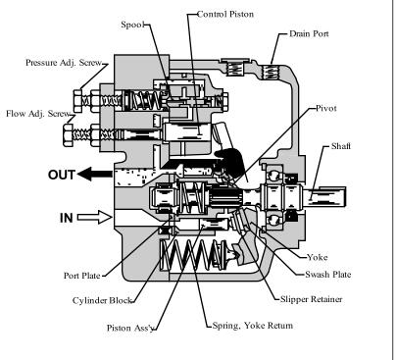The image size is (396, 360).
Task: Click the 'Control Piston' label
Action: (x=225, y=14)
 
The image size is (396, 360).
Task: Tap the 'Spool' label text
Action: (x=132, y=25)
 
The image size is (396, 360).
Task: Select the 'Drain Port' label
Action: (x=309, y=33)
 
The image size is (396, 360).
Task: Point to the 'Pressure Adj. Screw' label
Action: (x=64, y=63)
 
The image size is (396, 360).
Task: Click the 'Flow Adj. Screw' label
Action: (x=38, y=114)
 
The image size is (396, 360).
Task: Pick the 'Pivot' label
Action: (x=326, y=108)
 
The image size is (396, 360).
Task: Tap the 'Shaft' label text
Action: (x=341, y=146)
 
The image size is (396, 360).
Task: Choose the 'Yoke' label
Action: (x=318, y=257)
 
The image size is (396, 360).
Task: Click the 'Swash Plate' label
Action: (x=328, y=275)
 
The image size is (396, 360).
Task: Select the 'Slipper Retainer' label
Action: (x=312, y=299)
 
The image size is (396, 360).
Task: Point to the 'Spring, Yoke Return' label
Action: (x=253, y=326)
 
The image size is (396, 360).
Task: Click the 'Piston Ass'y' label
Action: (x=130, y=328)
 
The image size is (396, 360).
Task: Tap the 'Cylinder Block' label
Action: (x=102, y=300)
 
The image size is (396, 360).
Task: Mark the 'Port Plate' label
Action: (x=81, y=276)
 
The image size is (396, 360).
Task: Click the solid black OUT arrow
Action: (x=95, y=174)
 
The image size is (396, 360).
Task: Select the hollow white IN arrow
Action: (x=95, y=217)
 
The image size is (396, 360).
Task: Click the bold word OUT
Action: (x=62, y=175)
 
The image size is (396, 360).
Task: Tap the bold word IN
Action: (x=67, y=218)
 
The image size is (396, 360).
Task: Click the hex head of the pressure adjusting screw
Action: (x=77, y=101)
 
